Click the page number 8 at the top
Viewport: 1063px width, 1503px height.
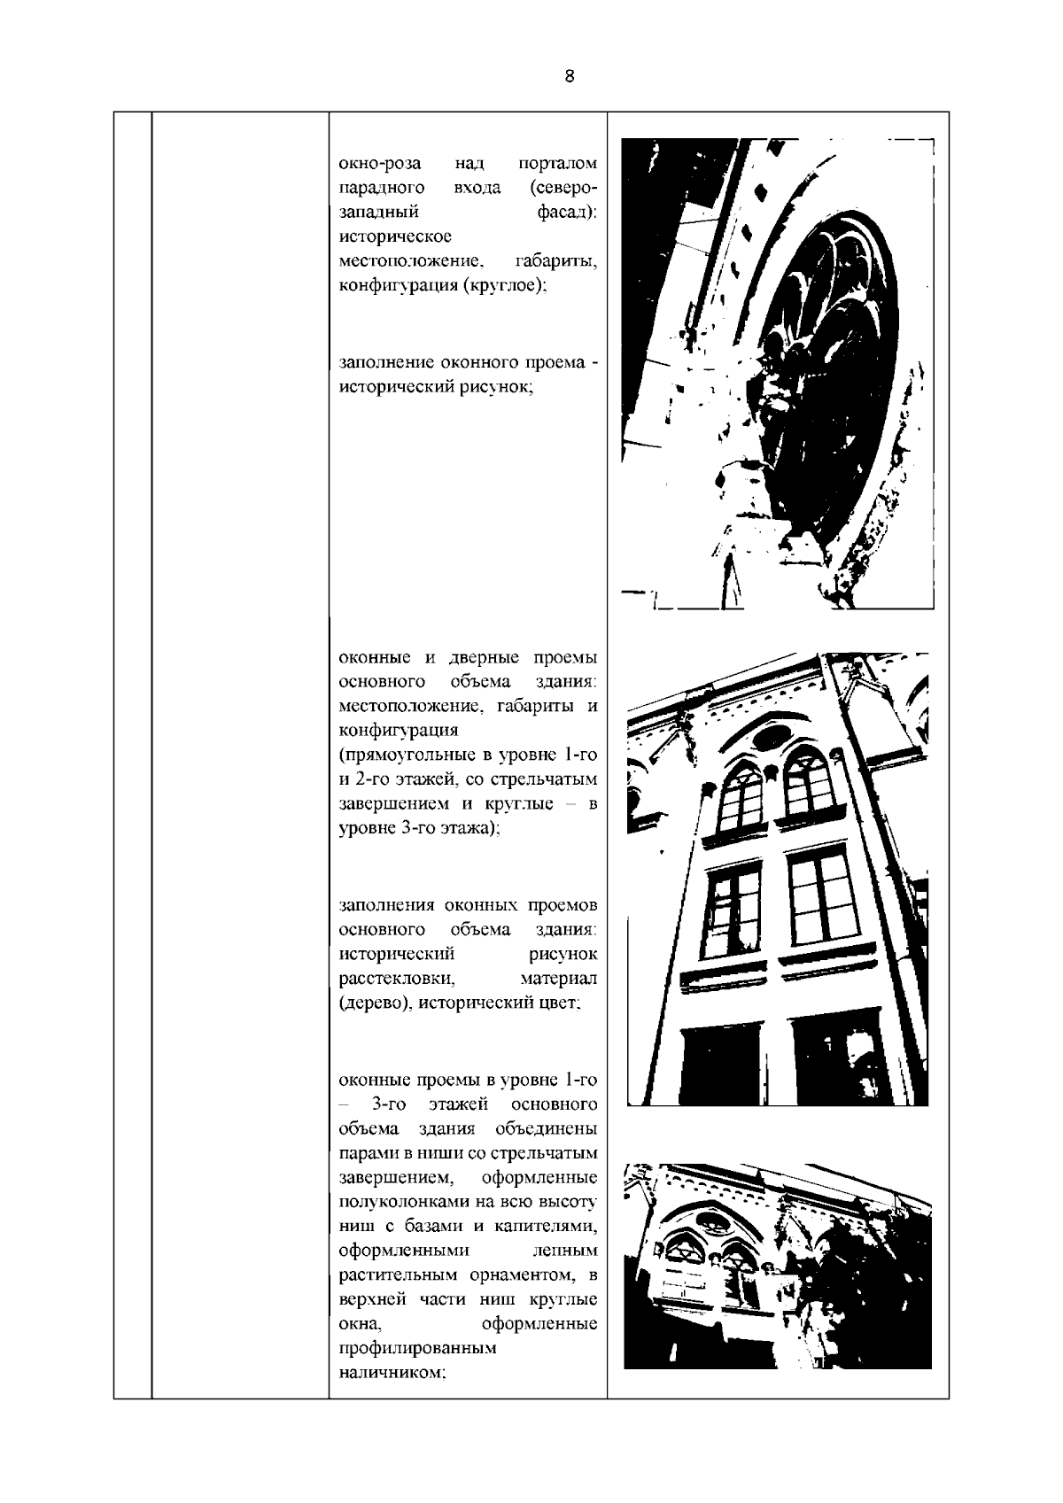pos(569,76)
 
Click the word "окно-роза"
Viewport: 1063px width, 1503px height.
pos(379,164)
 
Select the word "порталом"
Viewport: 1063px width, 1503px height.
pos(557,164)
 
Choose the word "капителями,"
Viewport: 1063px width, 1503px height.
pos(552,1228)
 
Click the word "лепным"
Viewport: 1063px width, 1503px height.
pos(565,1251)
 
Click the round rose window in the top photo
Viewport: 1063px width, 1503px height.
pos(828,354)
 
